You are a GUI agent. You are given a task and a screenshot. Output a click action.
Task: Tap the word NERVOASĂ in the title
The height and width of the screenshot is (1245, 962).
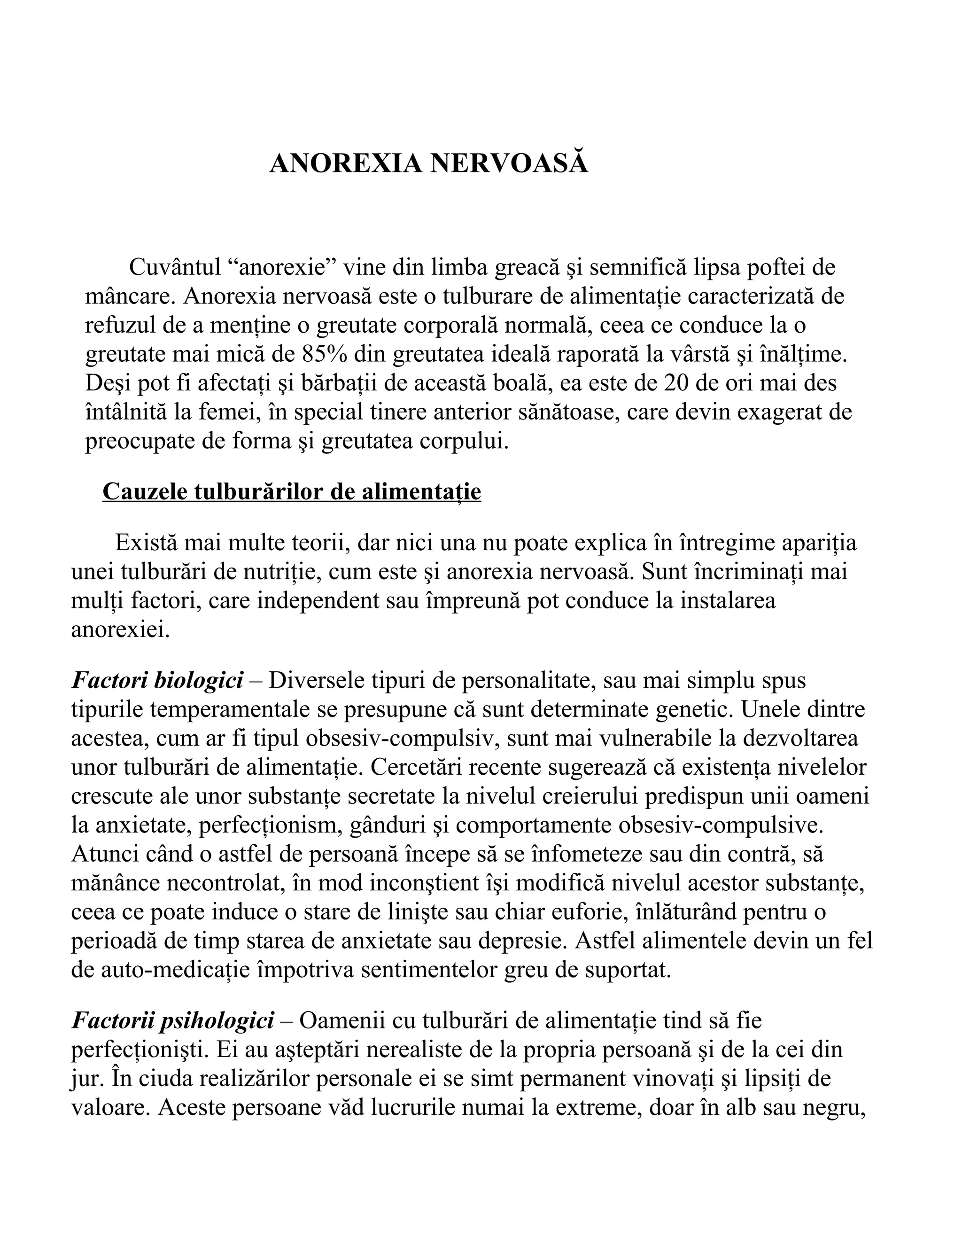pyautogui.click(x=508, y=163)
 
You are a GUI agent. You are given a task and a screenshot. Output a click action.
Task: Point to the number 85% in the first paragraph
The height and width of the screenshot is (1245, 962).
pyautogui.click(x=324, y=354)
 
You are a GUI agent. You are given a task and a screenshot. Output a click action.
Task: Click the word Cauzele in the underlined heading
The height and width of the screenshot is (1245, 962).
pyautogui.click(x=144, y=491)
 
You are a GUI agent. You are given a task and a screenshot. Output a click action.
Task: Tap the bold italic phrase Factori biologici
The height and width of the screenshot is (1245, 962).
pyautogui.click(x=157, y=680)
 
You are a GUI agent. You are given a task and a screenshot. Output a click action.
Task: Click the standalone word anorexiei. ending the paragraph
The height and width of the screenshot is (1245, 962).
pyautogui.click(x=120, y=630)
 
